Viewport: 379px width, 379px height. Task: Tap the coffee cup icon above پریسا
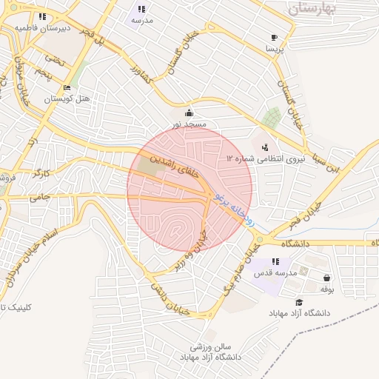point(275,37)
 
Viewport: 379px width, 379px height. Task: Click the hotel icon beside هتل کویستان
point(67,87)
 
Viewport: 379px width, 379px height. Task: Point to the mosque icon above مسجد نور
point(189,113)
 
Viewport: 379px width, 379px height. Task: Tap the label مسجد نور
point(189,125)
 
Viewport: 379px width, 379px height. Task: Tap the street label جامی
point(39,198)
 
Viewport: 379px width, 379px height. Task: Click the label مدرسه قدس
point(275,273)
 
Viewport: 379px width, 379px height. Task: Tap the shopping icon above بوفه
point(326,278)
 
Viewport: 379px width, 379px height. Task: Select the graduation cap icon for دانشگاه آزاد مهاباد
point(299,302)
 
